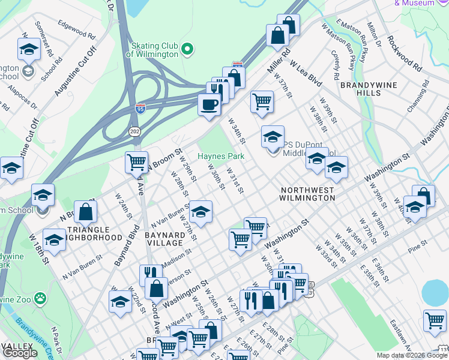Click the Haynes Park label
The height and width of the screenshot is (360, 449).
click(221, 156)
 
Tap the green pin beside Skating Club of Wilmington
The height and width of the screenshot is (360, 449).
click(187, 48)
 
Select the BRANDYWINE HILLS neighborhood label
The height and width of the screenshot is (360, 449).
click(368, 89)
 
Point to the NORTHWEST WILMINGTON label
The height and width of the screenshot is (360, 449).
click(307, 193)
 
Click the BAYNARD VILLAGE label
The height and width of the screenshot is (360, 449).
click(164, 238)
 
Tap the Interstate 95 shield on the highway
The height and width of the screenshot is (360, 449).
click(140, 109)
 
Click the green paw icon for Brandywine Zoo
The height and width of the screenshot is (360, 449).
click(40, 298)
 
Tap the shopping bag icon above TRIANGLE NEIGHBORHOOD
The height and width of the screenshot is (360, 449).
click(86, 211)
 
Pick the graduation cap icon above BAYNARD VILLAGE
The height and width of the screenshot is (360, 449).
click(200, 212)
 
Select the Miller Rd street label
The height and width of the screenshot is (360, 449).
click(278, 62)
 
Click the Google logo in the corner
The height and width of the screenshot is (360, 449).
click(20, 353)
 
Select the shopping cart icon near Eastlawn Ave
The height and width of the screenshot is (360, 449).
click(435, 320)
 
